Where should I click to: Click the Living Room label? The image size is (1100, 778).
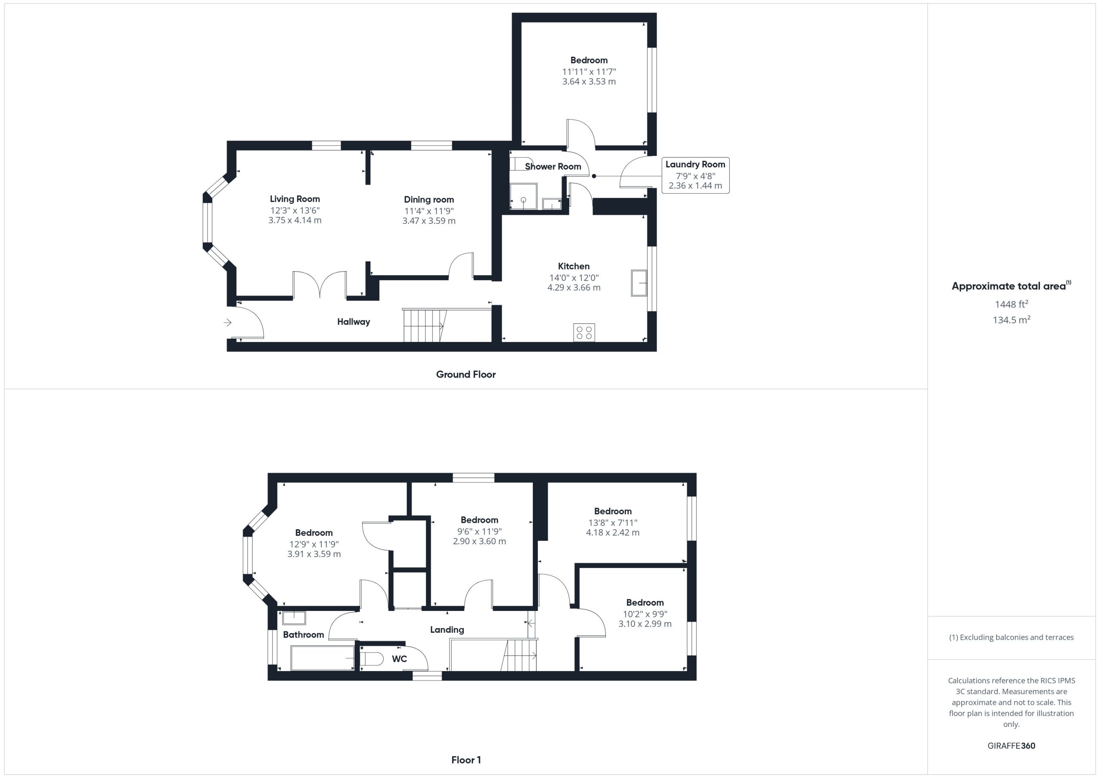(295, 199)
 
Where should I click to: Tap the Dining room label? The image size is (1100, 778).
(429, 199)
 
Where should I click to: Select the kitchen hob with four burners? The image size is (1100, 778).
(584, 333)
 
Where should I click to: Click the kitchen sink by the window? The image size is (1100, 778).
(639, 283)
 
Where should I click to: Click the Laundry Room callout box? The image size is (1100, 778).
(695, 175)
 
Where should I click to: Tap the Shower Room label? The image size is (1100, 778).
(553, 166)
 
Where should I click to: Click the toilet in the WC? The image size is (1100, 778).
(371, 659)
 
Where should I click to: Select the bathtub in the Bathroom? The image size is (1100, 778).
(322, 658)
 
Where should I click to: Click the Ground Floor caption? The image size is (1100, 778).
(466, 374)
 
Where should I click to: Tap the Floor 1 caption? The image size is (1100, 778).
(466, 760)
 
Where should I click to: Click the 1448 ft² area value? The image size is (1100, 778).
(1011, 304)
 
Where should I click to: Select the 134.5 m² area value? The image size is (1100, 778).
(1011, 320)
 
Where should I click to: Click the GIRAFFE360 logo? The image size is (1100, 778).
(1011, 745)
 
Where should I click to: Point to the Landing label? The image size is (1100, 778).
(447, 629)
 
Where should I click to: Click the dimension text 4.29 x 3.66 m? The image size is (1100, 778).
(574, 287)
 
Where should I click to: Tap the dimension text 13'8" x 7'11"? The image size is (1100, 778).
(613, 523)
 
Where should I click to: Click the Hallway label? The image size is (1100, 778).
(354, 321)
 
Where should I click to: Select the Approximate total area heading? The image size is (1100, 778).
(1011, 286)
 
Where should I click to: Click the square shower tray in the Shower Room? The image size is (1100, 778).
(524, 196)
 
